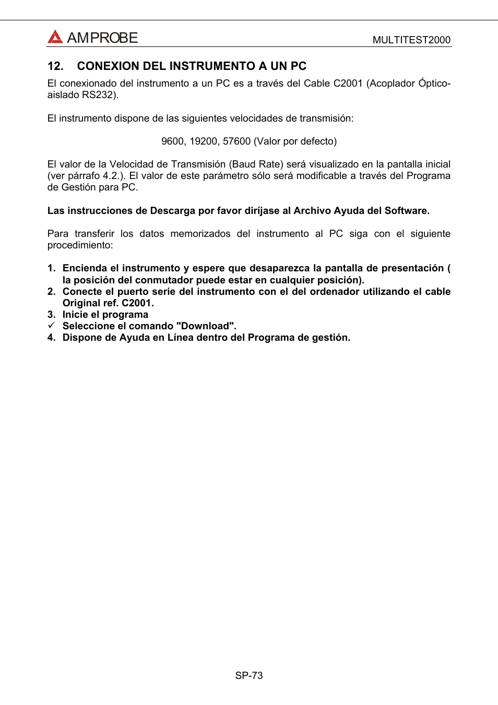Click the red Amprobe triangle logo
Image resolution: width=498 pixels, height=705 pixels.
click(x=55, y=37)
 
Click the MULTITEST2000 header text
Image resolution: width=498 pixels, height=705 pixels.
click(x=411, y=40)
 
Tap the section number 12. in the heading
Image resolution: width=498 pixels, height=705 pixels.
click(x=55, y=66)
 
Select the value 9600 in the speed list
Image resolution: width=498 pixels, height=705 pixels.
click(x=172, y=141)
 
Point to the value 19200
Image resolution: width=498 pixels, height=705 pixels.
click(x=204, y=141)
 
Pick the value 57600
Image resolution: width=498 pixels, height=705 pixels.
click(x=236, y=141)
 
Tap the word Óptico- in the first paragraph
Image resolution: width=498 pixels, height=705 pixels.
click(x=431, y=83)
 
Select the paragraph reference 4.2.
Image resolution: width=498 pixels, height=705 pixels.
click(x=113, y=176)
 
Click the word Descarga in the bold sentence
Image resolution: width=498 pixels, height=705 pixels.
click(x=173, y=211)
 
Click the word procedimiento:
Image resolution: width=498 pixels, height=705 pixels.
click(x=80, y=245)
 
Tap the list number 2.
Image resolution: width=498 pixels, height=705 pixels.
click(x=51, y=292)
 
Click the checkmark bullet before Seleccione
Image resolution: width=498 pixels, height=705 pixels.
click(x=51, y=326)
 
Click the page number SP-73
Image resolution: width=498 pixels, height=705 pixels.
click(x=249, y=676)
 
